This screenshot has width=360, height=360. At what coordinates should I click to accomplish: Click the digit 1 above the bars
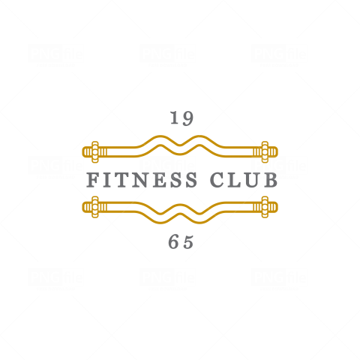point(175,118)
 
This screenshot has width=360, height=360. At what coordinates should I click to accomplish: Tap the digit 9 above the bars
point(188,118)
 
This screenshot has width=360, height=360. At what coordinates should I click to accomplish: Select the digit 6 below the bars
point(173,242)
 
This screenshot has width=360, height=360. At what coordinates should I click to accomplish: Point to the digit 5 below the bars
point(188,242)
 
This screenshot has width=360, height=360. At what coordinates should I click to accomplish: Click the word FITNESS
point(142,180)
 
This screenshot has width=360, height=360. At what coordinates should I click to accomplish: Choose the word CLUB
point(244,180)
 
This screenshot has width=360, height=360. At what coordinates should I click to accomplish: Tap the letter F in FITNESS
point(93,180)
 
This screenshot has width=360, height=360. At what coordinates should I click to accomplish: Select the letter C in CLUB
point(217,180)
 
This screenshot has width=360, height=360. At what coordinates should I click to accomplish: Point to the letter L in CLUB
point(233,180)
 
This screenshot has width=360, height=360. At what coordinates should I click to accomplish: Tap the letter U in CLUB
point(251,180)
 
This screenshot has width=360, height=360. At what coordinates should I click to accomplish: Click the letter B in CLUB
point(271,180)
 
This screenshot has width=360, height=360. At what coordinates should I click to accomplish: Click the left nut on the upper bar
point(95,152)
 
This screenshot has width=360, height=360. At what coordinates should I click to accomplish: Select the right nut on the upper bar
point(265,152)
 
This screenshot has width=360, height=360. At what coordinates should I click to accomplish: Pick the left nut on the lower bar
point(95,207)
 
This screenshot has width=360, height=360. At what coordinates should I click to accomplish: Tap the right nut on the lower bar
point(265,207)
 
